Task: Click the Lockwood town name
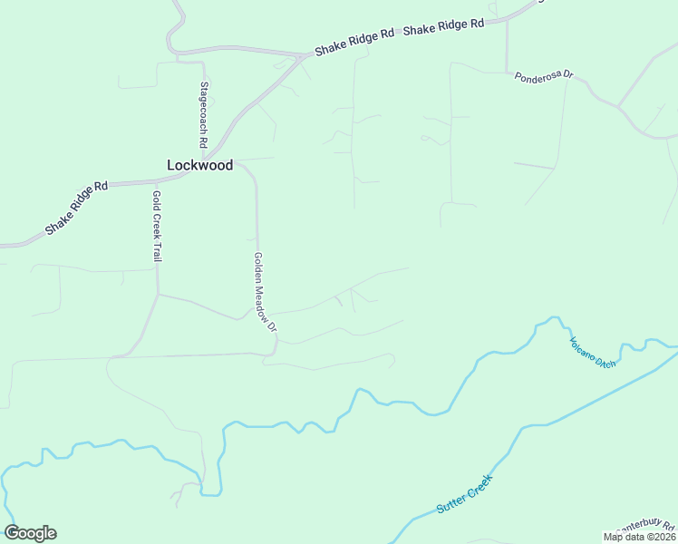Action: tap(200, 165)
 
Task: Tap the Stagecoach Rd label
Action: tap(204, 116)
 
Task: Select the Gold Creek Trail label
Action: tap(157, 226)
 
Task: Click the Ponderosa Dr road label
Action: tap(544, 77)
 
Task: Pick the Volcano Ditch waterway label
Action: tap(593, 352)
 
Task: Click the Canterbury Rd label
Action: tap(645, 526)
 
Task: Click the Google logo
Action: tap(30, 533)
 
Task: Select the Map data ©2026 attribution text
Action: tap(639, 537)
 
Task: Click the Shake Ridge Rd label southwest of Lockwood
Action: tap(76, 208)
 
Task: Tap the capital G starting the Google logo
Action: tap(12, 533)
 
